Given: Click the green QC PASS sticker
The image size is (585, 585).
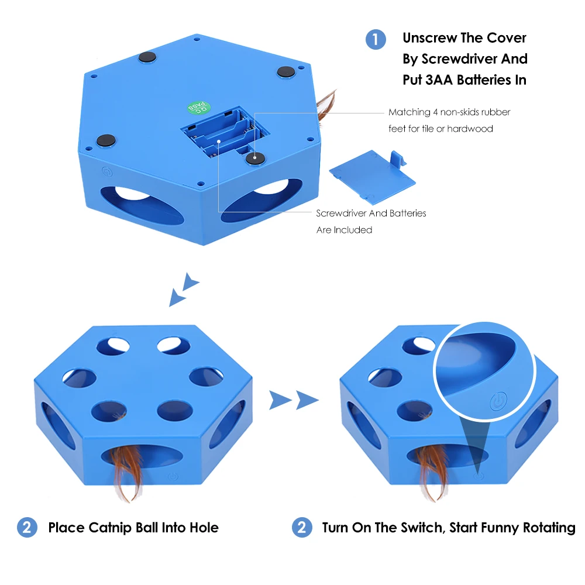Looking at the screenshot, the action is [198, 108].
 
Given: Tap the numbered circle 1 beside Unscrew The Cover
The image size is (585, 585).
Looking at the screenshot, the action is [376, 40].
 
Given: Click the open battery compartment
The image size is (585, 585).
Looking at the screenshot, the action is [225, 132].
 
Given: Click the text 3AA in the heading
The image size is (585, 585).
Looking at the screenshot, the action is [439, 80].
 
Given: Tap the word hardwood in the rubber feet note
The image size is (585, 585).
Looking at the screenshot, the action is [470, 129].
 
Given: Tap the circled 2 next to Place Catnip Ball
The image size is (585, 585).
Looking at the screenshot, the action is [27, 528].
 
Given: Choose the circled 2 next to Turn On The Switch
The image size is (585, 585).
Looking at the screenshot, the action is [302, 528].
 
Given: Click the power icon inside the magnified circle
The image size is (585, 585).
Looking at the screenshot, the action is [498, 401].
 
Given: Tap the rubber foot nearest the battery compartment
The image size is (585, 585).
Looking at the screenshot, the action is [255, 158].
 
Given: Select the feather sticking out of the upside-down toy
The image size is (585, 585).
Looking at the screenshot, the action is [326, 105].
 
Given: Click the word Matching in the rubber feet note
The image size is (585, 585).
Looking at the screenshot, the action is [409, 112].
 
